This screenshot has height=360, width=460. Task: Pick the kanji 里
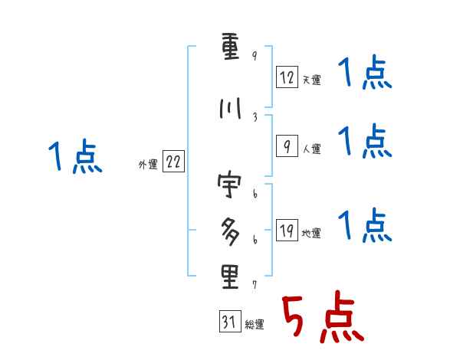coord(230,277)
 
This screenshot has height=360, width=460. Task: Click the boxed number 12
coord(286,77)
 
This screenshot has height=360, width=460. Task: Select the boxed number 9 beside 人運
coord(286,146)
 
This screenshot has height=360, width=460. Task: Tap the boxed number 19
coord(286,231)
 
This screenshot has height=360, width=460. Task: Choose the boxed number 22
coord(173,162)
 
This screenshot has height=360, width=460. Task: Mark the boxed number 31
coord(228,322)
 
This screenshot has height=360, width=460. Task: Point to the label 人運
coord(311,149)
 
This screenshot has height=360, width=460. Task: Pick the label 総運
coord(255,325)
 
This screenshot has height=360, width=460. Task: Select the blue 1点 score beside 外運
coord(74,158)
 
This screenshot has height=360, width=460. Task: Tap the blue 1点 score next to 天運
coord(364,75)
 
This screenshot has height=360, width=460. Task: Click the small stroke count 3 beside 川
coord(254,116)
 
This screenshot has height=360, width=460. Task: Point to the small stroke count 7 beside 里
coord(254,284)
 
